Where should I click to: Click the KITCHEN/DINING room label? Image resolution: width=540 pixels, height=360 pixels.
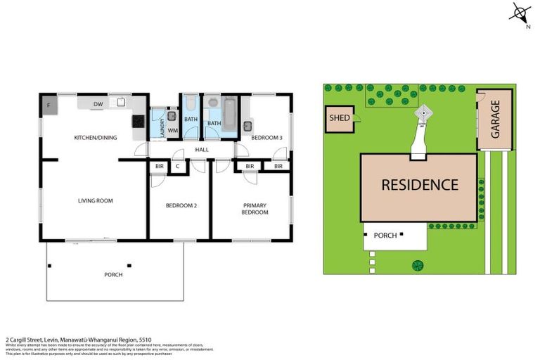(x=96, y=138)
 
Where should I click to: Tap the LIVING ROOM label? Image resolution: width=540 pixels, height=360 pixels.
(x=96, y=201)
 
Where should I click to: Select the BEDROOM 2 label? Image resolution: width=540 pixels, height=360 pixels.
(x=181, y=205)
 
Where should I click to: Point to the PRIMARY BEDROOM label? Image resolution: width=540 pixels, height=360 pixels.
(x=255, y=209)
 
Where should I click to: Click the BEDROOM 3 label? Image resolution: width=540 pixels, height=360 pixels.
(x=267, y=138)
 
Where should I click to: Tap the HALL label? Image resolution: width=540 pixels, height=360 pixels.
(x=202, y=150)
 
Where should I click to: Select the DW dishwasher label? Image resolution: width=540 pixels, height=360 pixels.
(x=98, y=105)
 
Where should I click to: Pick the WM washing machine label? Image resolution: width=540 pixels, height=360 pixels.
(x=172, y=131)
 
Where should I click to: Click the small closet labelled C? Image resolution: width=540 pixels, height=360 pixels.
(x=177, y=167)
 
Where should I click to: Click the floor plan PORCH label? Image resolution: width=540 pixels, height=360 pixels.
(x=112, y=274)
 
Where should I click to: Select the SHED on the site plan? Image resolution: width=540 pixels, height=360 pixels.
(x=340, y=119)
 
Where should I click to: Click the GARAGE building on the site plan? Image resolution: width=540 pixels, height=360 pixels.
(x=495, y=119)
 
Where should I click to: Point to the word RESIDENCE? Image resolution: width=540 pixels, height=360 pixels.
(x=420, y=186)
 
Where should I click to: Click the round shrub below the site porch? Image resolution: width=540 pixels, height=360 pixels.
(x=418, y=265)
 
